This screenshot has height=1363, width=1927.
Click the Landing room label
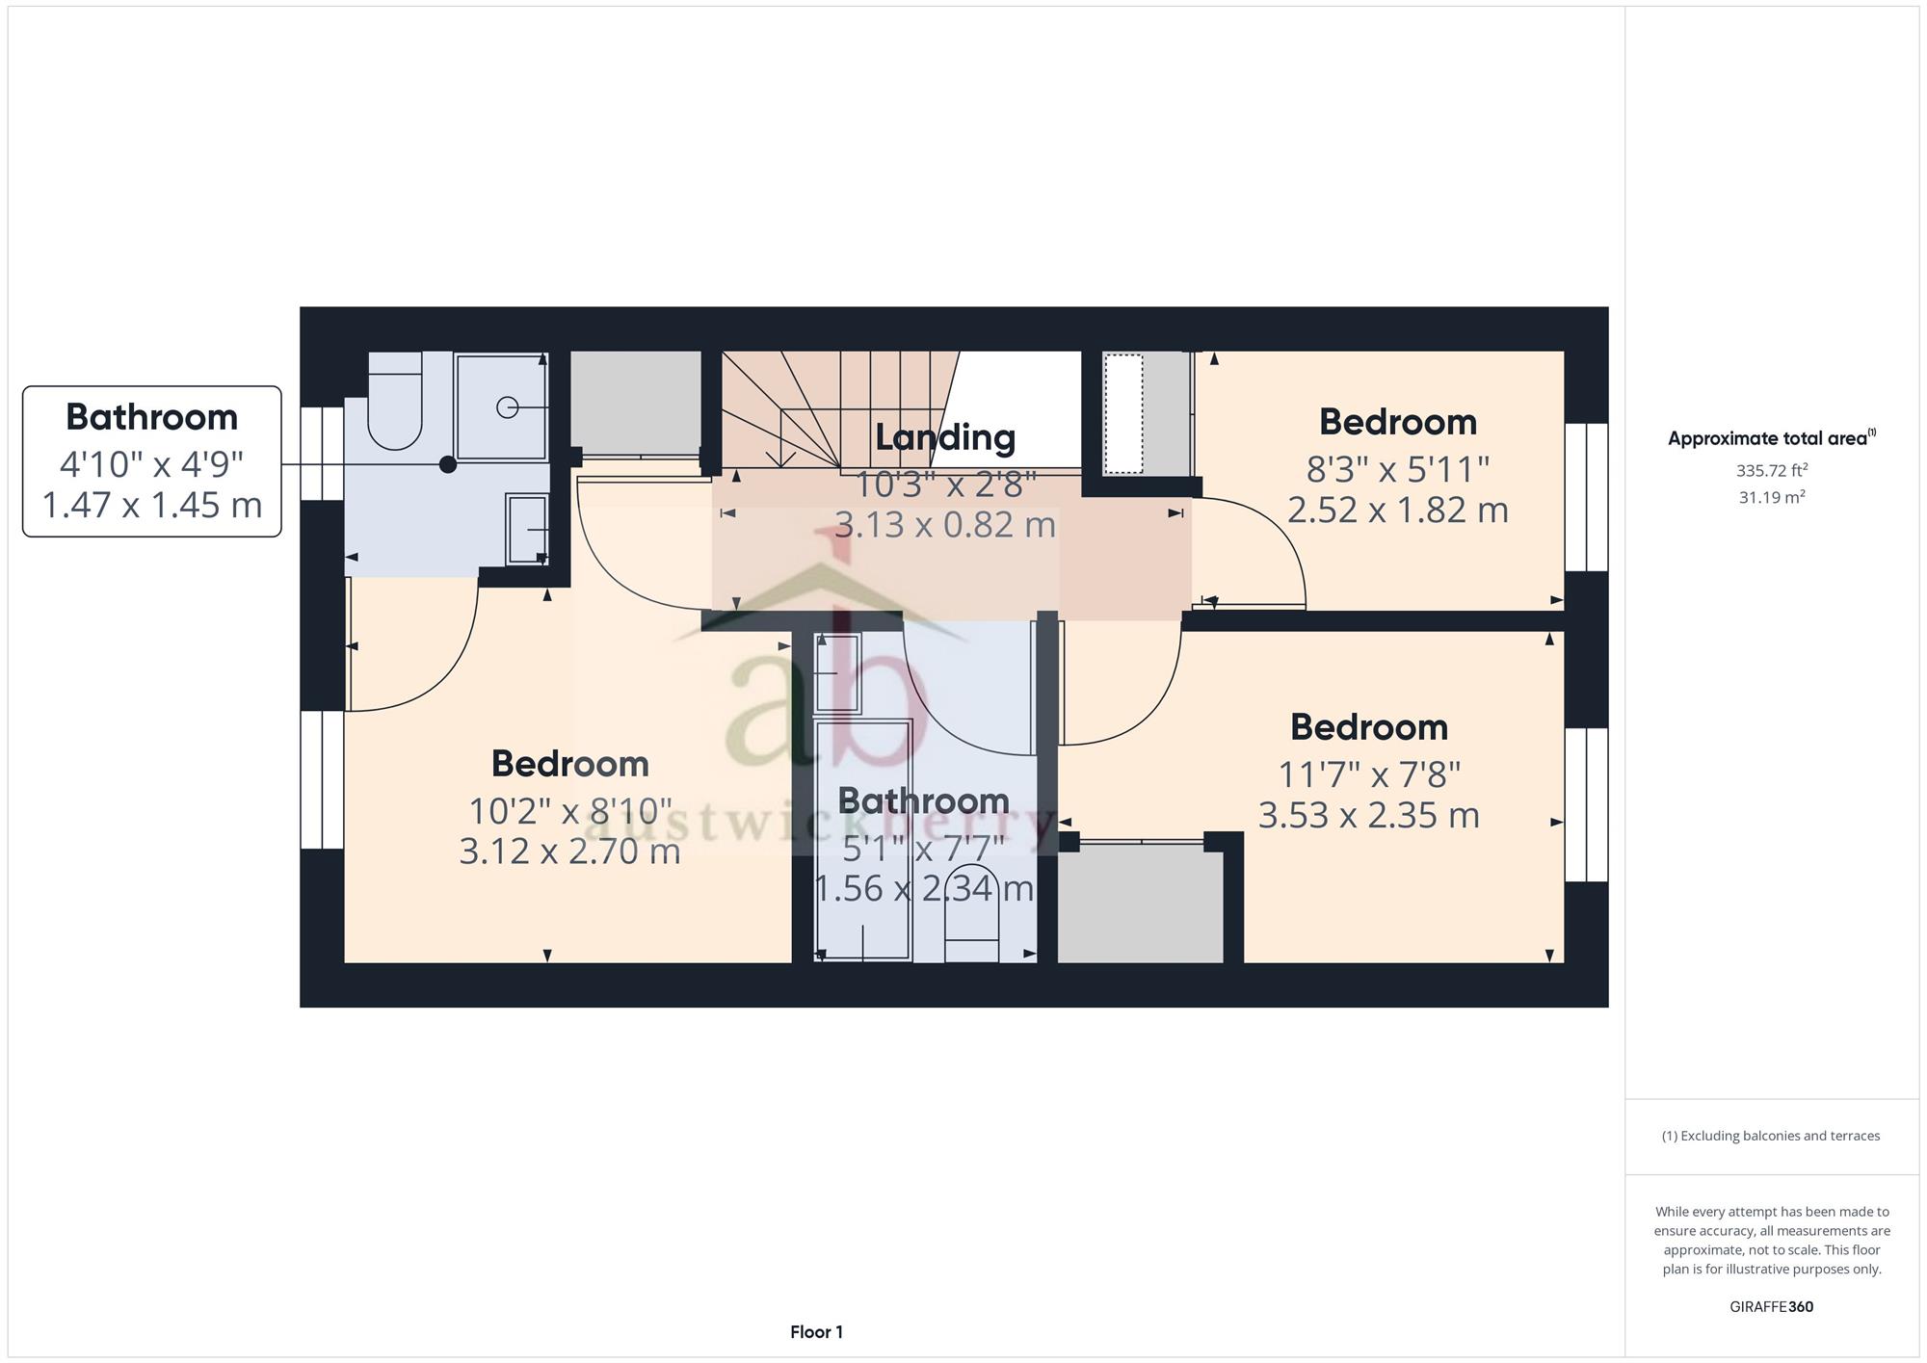pyautogui.click(x=945, y=437)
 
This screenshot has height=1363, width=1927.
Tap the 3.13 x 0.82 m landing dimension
pyautogui.click(x=945, y=525)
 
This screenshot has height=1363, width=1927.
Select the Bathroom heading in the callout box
pyautogui.click(x=152, y=417)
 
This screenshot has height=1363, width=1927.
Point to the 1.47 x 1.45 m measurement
pyautogui.click(x=152, y=505)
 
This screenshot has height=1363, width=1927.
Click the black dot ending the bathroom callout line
pyautogui.click(x=448, y=464)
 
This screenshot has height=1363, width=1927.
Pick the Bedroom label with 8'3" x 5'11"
pyautogui.click(x=1398, y=422)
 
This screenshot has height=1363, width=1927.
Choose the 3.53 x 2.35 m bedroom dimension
pyautogui.click(x=1369, y=815)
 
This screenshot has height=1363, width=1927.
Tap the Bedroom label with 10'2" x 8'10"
pyautogui.click(x=570, y=764)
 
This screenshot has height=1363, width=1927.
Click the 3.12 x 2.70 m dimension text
pyautogui.click(x=570, y=852)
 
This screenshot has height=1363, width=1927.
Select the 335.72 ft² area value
pyautogui.click(x=1772, y=471)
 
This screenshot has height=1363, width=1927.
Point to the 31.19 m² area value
pyautogui.click(x=1772, y=498)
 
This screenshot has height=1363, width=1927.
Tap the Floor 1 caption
pyautogui.click(x=817, y=1332)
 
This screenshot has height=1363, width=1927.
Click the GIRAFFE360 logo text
pyautogui.click(x=1772, y=1307)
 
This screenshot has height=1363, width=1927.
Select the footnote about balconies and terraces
pyautogui.click(x=1771, y=1136)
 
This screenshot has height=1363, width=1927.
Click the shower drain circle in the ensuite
pyautogui.click(x=507, y=408)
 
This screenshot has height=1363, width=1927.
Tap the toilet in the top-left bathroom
pyautogui.click(x=395, y=401)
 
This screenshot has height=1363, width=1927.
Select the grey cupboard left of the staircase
pyautogui.click(x=636, y=403)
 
